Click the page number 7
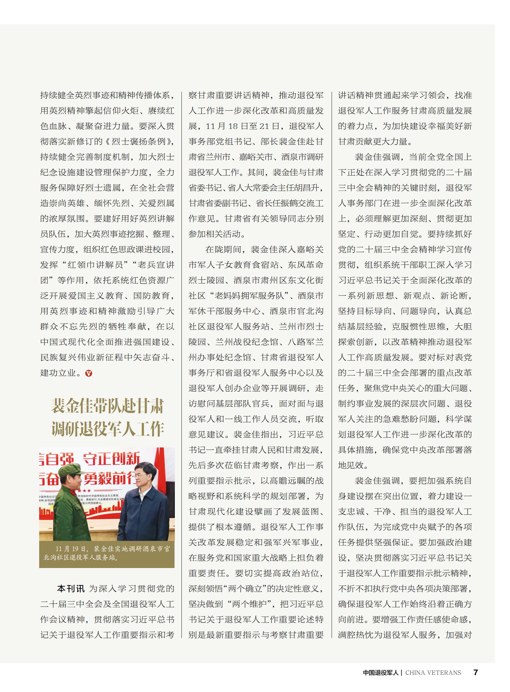click(475, 672)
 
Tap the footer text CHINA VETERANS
click(433, 673)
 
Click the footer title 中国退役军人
click(380, 673)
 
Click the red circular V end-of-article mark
click(88, 373)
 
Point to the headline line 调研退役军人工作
click(107, 429)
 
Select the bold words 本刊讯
click(71, 589)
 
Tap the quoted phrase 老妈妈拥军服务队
click(249, 296)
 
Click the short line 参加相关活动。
click(217, 234)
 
